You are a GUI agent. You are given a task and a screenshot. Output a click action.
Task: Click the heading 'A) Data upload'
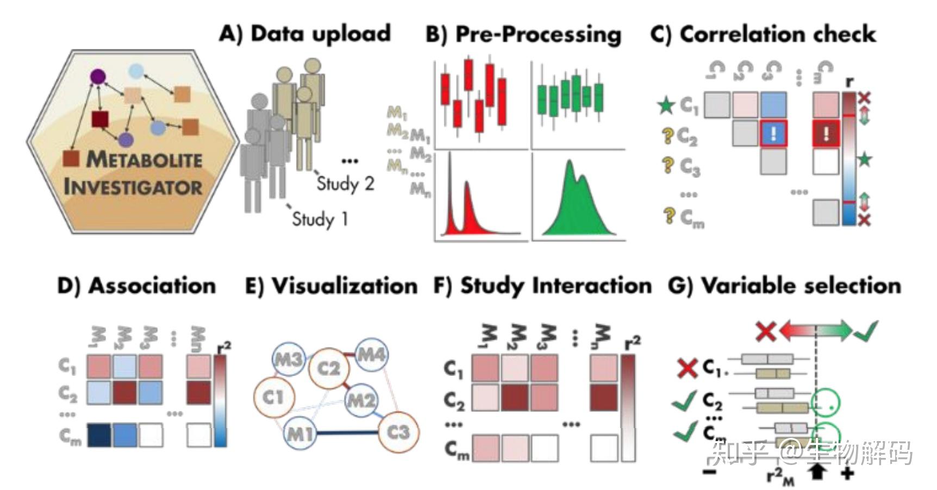(x=305, y=34)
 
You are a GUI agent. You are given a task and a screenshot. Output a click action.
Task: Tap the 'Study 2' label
(x=346, y=184)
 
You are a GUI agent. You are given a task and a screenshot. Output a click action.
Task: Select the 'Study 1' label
(x=320, y=219)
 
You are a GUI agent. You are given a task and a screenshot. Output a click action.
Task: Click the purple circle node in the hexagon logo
(x=98, y=77)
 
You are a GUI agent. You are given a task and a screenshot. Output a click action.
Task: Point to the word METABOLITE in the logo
(x=144, y=160)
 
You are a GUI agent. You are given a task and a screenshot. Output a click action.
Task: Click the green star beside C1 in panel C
(x=666, y=105)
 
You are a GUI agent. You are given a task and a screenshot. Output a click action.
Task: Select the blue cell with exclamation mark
(x=773, y=134)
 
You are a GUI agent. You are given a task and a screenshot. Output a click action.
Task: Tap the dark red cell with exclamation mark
(x=826, y=134)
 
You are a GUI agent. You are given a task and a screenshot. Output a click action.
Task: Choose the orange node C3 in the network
(x=398, y=432)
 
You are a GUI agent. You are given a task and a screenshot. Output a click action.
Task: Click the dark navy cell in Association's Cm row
(x=99, y=436)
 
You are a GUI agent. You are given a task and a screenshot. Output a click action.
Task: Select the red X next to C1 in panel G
(x=687, y=368)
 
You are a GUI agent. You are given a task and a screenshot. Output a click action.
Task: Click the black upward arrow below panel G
(x=817, y=470)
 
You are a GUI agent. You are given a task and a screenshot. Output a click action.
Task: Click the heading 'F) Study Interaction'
(x=542, y=286)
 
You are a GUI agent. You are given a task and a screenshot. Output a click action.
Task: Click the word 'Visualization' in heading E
(x=345, y=286)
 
